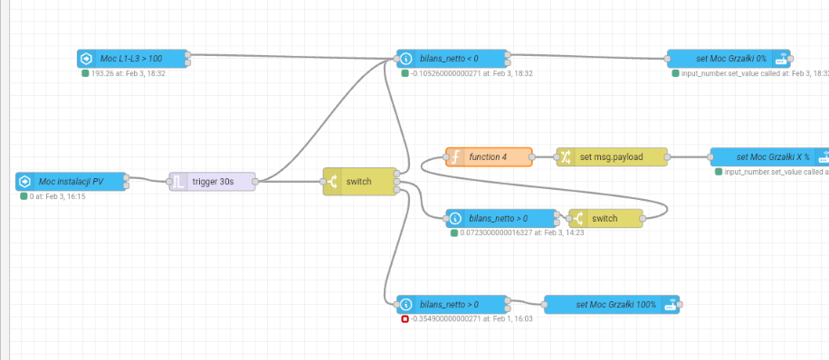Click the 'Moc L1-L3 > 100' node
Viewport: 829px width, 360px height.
click(x=133, y=59)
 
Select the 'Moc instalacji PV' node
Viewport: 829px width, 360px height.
click(x=71, y=181)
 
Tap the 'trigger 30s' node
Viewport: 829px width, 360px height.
click(x=213, y=181)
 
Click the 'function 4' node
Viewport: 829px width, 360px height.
click(x=489, y=157)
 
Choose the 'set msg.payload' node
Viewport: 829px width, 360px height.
click(x=612, y=157)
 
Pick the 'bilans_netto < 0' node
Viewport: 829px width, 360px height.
click(x=452, y=59)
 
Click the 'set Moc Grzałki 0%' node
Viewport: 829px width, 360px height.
click(x=729, y=59)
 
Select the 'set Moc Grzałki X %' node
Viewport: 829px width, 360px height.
click(x=769, y=157)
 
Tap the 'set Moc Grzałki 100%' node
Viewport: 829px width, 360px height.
click(x=612, y=305)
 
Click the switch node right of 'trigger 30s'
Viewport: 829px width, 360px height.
click(x=359, y=181)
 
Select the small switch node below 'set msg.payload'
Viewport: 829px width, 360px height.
click(x=605, y=218)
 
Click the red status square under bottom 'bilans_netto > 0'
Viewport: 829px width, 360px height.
click(x=405, y=319)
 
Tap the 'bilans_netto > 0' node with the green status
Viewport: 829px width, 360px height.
click(x=501, y=218)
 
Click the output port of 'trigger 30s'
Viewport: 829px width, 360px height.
click(x=255, y=181)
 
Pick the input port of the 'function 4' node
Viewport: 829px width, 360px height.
click(x=445, y=157)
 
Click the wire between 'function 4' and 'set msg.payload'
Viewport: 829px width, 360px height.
click(x=544, y=157)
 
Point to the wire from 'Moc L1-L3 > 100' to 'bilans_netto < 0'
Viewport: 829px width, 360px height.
click(x=293, y=57)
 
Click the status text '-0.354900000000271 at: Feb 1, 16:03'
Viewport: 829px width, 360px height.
click(x=472, y=319)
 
